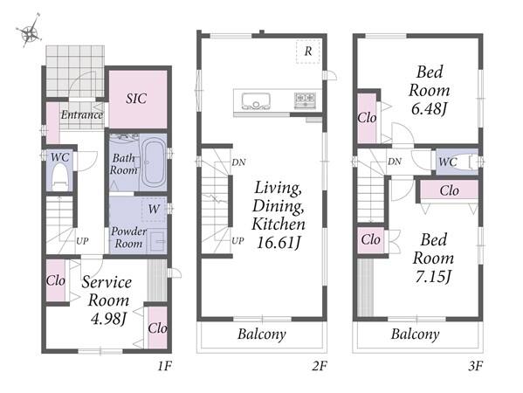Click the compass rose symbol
coord(30,31)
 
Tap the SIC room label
coord(136,99)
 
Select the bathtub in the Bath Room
coord(153,163)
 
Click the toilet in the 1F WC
coord(60,177)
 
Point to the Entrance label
coord(82,114)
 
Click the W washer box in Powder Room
coord(154,210)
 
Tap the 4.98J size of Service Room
coord(108,319)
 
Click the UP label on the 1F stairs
coord(82,241)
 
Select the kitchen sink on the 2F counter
coord(256,101)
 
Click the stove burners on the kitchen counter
coord(305,100)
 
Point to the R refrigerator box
coord(308,52)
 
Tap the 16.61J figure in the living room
coord(279,243)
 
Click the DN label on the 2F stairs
coord(238,162)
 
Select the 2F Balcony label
coord(262,334)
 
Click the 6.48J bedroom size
coord(429,108)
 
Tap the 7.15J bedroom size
coord(433,277)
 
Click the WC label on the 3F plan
coord(448,162)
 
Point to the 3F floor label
coord(476,366)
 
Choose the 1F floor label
coord(164,366)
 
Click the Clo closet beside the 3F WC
coord(449,191)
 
